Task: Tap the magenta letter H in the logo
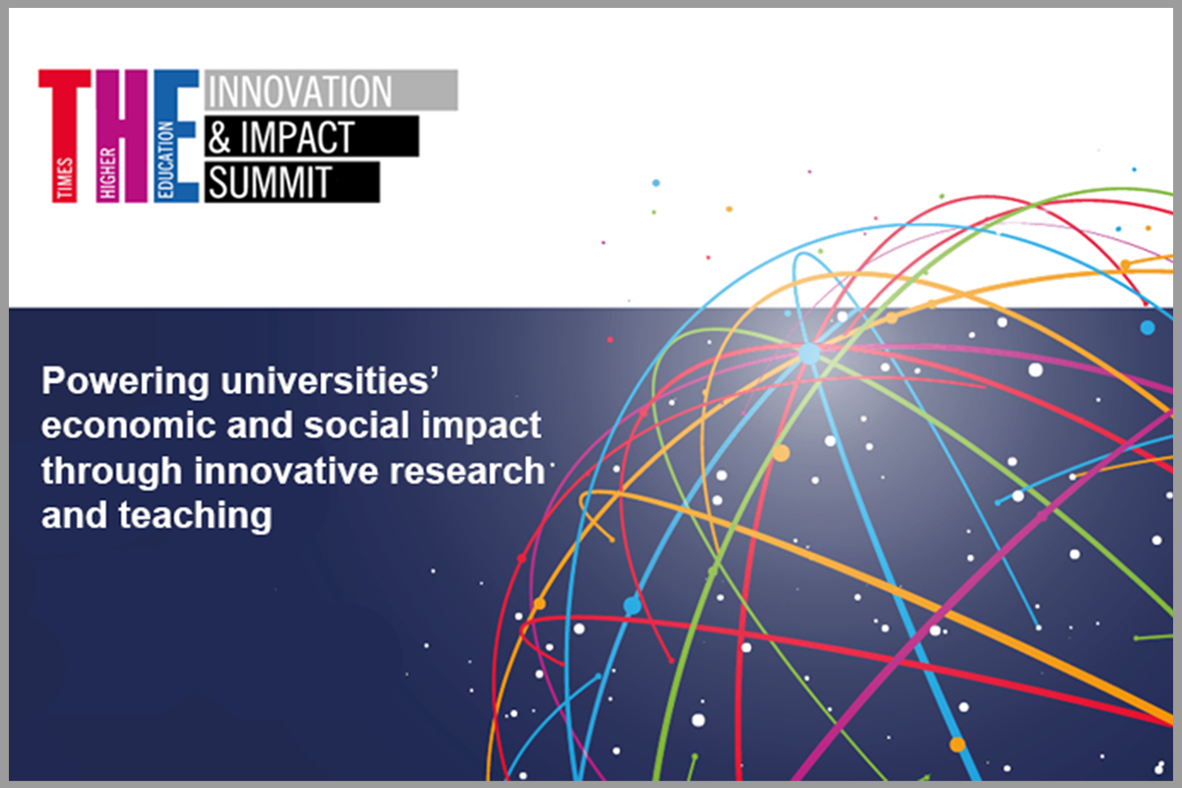click(x=122, y=136)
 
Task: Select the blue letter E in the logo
click(x=176, y=136)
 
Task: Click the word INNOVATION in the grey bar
click(x=299, y=91)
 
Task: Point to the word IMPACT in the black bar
click(x=297, y=137)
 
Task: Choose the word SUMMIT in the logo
click(x=270, y=182)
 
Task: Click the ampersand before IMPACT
click(x=220, y=137)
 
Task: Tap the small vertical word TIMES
click(x=65, y=178)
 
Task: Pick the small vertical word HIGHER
click(x=107, y=173)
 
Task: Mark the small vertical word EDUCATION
click(x=165, y=160)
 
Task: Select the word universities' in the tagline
click(x=330, y=380)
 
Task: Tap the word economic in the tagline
click(x=129, y=426)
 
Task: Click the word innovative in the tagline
click(x=286, y=470)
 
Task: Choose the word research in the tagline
click(x=468, y=471)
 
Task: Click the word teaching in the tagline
click(x=195, y=516)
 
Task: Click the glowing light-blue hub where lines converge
click(x=809, y=354)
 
